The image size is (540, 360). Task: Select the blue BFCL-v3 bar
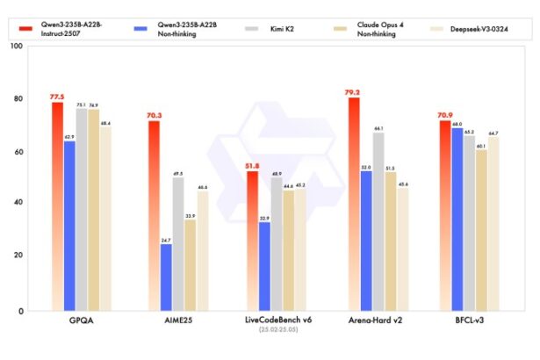coord(457,220)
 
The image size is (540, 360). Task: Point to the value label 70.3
coord(154,114)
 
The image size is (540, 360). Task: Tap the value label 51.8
coord(252,164)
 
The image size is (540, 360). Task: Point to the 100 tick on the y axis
coord(15,45)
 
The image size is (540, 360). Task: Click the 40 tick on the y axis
coord(18,203)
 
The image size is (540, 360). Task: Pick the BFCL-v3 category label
coord(469,323)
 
